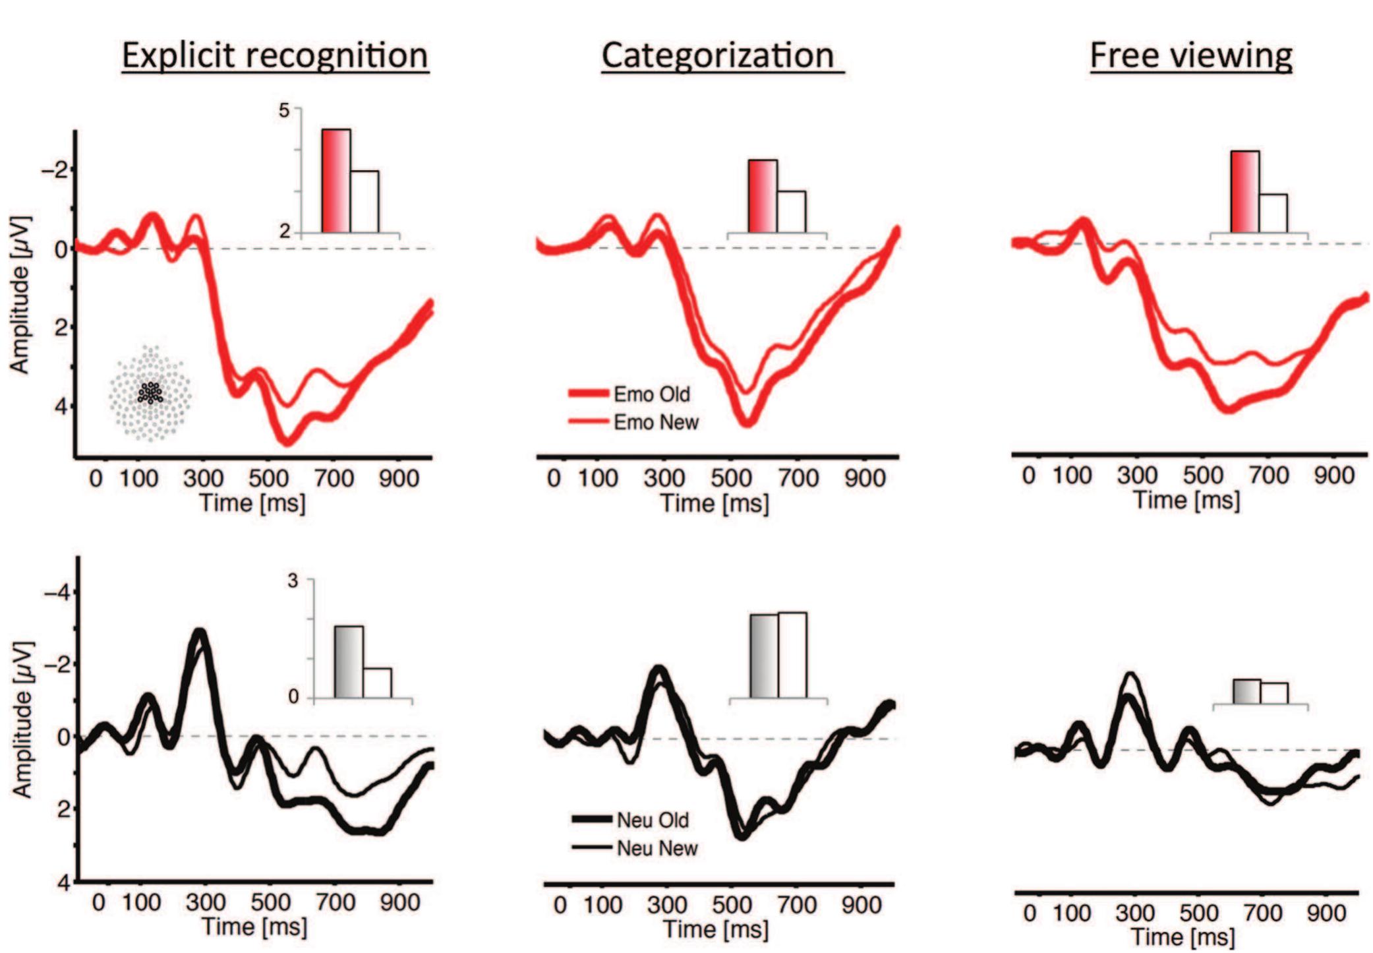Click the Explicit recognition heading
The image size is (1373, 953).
275,55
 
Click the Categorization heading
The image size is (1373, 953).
718,55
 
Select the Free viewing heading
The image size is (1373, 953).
1190,55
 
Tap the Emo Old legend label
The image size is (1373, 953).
651,394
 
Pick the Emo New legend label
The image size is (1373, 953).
655,422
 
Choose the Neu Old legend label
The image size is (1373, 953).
653,820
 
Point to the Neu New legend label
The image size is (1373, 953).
657,848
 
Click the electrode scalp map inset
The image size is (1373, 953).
151,393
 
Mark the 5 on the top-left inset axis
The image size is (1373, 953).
284,110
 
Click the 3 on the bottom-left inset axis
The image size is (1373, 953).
292,581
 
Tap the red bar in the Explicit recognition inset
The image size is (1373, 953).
336,181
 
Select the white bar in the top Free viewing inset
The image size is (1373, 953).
1273,213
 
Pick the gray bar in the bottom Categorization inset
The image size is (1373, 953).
764,656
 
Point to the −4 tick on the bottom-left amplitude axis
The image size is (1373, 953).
55,593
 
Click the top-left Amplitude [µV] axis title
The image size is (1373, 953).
20,294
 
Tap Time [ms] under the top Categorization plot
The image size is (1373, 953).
715,504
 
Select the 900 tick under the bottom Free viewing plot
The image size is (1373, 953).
1326,913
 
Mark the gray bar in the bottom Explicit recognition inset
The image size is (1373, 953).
349,662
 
